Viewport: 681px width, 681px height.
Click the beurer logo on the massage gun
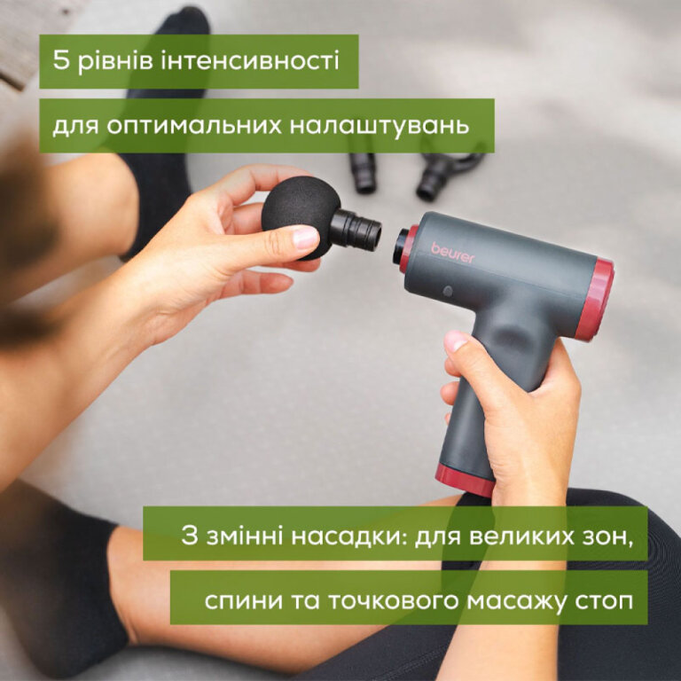[x=453, y=252]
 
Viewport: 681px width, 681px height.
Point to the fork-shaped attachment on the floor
[x=449, y=171]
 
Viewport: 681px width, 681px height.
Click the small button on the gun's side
[x=448, y=291]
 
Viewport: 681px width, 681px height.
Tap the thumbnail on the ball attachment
[x=304, y=239]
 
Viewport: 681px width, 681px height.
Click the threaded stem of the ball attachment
[x=359, y=228]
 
